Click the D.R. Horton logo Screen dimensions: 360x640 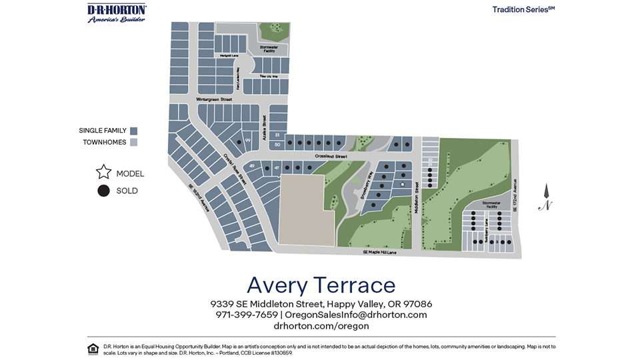click(x=117, y=13)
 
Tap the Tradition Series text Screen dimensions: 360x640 click(x=523, y=9)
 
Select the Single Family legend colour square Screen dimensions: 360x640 click(x=133, y=131)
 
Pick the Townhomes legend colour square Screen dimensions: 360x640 click(x=133, y=143)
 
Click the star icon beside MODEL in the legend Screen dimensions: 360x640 click(x=103, y=173)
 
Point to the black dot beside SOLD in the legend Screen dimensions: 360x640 click(x=103, y=191)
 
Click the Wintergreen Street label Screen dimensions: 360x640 click(x=214, y=99)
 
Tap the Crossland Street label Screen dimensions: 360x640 click(x=314, y=157)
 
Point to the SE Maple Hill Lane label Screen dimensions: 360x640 click(x=379, y=252)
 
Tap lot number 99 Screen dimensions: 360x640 click(x=247, y=141)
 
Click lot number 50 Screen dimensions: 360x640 click(x=277, y=144)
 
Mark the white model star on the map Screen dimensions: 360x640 click(x=403, y=184)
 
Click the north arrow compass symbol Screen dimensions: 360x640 click(x=545, y=198)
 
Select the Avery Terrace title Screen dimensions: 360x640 click(x=321, y=285)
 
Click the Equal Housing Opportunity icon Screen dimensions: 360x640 click(x=93, y=349)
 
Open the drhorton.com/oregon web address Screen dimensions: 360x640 click(x=321, y=326)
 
